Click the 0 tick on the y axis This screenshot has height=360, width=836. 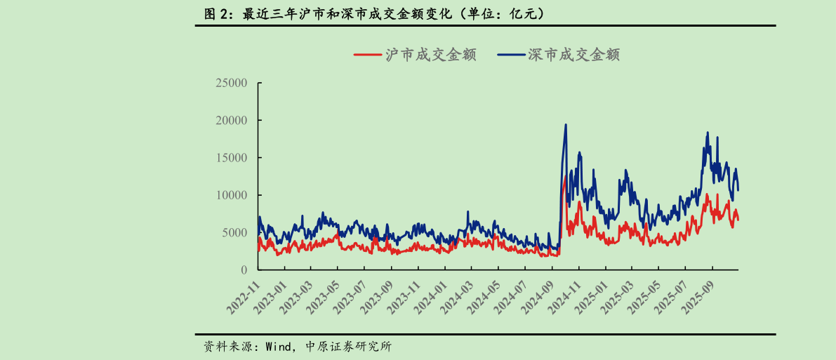244,270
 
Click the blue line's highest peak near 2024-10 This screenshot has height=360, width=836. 566,125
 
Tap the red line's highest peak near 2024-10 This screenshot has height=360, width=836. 565,177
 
